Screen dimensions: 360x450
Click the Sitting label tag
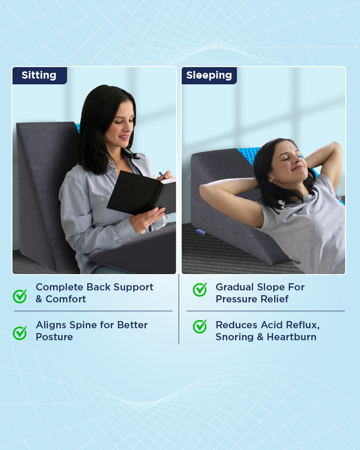[x=40, y=75]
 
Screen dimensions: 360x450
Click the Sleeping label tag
[x=209, y=75]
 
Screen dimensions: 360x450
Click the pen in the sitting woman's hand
[x=162, y=175]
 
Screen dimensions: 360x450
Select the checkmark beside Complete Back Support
[x=20, y=296]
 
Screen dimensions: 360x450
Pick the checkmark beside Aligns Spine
[x=20, y=333]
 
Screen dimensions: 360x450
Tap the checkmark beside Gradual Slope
[x=200, y=289]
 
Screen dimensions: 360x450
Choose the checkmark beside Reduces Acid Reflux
[x=200, y=326]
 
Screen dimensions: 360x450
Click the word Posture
[x=54, y=337]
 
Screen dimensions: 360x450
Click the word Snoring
[x=234, y=337]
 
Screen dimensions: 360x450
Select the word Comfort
[x=66, y=299]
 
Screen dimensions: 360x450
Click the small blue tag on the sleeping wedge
[x=200, y=231]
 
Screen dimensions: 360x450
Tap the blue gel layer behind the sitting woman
[x=78, y=127]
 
